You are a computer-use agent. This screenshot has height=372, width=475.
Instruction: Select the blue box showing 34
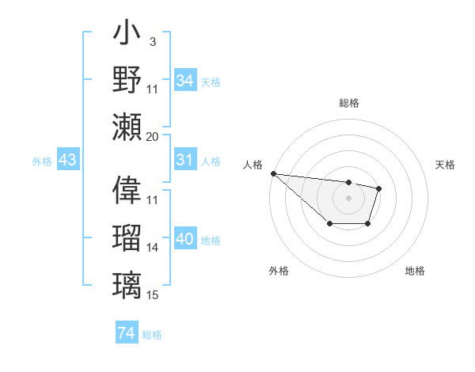click(x=184, y=81)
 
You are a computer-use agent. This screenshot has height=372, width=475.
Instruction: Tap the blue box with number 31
click(x=184, y=161)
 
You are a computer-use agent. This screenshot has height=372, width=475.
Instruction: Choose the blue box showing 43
click(x=67, y=161)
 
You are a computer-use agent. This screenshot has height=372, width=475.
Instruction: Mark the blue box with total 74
click(x=126, y=333)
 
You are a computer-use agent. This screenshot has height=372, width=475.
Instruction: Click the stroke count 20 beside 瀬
click(x=153, y=136)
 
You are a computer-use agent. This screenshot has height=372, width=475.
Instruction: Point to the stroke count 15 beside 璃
click(x=153, y=295)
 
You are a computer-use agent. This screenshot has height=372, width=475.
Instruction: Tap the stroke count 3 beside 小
click(x=153, y=40)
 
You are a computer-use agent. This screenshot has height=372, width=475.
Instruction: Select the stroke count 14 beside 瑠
click(x=153, y=248)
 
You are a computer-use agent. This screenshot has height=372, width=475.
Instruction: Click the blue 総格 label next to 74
click(x=152, y=335)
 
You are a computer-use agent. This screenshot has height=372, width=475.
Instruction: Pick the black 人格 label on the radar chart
click(x=253, y=165)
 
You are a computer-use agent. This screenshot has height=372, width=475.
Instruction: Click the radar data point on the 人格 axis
click(x=272, y=173)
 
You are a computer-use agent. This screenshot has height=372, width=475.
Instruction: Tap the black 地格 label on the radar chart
click(x=415, y=271)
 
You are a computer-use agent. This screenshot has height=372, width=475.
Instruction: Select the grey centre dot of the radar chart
click(x=348, y=197)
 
